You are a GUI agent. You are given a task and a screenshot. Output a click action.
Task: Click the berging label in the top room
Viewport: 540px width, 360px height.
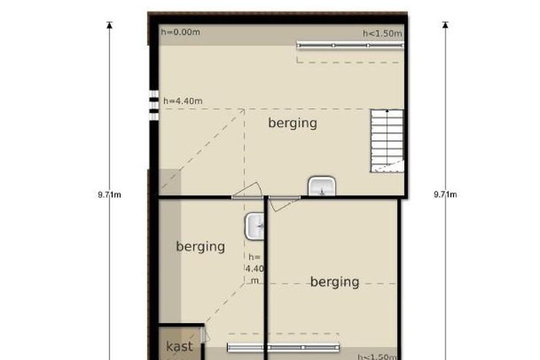point(292,123)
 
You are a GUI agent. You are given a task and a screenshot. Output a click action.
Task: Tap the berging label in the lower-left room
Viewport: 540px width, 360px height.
point(200,246)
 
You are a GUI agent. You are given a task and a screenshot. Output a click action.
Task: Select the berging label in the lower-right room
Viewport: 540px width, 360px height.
point(334,282)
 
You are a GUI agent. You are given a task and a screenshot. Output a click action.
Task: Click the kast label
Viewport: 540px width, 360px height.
point(179,346)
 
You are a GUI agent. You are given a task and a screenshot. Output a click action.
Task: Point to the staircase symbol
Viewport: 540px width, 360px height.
point(387,141)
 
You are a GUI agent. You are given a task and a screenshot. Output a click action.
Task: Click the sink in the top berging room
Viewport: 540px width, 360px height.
point(322,186)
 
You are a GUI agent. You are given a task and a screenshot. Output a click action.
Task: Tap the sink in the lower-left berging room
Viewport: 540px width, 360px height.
point(254,226)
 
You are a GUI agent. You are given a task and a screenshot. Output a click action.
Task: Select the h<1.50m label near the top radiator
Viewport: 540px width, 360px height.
point(382,33)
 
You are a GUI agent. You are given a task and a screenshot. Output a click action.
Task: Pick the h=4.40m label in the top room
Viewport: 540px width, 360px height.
point(183,101)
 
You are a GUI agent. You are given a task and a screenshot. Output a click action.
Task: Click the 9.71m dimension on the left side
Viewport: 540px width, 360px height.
point(109,195)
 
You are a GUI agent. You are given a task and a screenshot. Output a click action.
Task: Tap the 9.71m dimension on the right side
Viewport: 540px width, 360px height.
point(445,195)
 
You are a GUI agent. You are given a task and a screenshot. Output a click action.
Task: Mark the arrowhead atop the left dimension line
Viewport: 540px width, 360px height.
point(109,25)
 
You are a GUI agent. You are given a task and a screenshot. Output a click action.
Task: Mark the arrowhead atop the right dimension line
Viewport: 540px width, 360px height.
point(445,25)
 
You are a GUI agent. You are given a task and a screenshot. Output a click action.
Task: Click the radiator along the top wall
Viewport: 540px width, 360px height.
point(350,45)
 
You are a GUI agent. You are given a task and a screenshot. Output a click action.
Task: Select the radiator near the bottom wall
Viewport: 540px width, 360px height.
point(283,348)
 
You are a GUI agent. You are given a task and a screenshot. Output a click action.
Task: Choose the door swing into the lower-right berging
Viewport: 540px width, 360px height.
point(284,203)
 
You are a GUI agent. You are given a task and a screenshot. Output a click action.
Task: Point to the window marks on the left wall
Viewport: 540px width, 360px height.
point(154,105)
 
